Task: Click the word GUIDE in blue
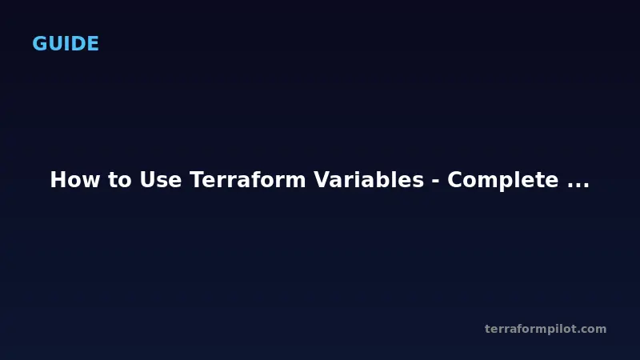pyautogui.click(x=66, y=44)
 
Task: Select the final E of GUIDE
pyautogui.click(x=93, y=44)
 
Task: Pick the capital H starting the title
pyautogui.click(x=58, y=181)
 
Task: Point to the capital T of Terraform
pyautogui.click(x=196, y=181)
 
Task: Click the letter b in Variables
pyautogui.click(x=374, y=181)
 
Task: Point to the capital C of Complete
pyautogui.click(x=454, y=181)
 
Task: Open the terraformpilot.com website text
pyautogui.click(x=546, y=329)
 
